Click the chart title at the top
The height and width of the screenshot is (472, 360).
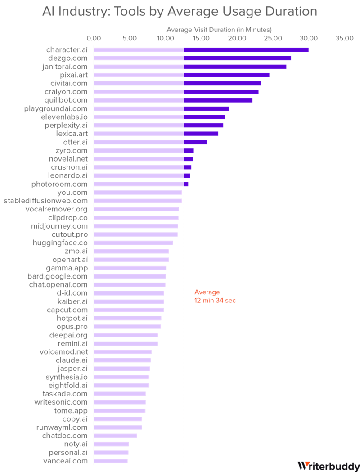point(180,11)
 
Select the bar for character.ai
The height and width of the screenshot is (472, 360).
point(201,49)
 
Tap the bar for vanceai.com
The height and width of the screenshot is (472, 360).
point(111,461)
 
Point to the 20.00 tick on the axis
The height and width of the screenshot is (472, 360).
point(237,39)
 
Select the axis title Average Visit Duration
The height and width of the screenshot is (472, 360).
point(219,30)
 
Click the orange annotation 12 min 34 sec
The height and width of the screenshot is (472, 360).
point(215,300)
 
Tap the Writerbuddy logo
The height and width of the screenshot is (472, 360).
point(328,465)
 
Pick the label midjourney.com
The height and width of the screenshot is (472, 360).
point(59,226)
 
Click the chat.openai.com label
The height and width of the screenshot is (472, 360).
point(58,284)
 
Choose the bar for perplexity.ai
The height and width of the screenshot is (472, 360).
point(158,125)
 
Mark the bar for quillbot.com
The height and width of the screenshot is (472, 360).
point(173,100)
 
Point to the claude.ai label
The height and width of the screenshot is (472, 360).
point(72,360)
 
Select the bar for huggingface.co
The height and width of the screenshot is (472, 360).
point(134,243)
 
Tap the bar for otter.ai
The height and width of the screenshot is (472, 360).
point(150,142)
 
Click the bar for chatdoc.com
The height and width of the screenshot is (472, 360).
point(116,436)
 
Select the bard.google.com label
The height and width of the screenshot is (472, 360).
point(57,276)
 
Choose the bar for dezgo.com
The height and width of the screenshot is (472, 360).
point(193,58)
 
